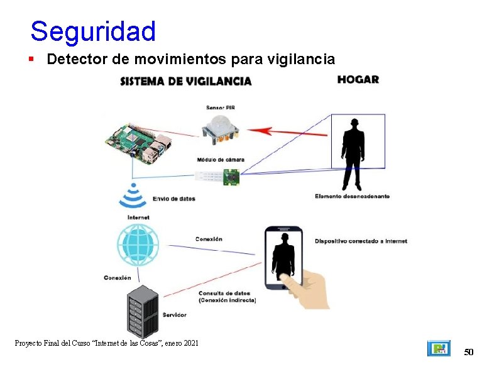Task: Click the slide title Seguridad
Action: tap(92, 31)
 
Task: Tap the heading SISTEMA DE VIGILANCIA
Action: tap(186, 80)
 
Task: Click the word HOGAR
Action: tap(358, 79)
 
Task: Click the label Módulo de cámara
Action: tap(220, 160)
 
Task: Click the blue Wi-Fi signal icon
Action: tap(133, 195)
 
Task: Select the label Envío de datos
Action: tap(174, 199)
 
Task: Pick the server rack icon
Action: tap(141, 311)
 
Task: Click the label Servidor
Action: tap(174, 314)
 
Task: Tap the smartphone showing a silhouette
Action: tap(283, 258)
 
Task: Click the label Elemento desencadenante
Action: tap(352, 196)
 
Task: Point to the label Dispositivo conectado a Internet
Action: tap(361, 241)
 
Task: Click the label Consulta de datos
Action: tap(224, 293)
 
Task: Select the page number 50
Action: tap(468, 352)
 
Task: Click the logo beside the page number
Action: tap(439, 348)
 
